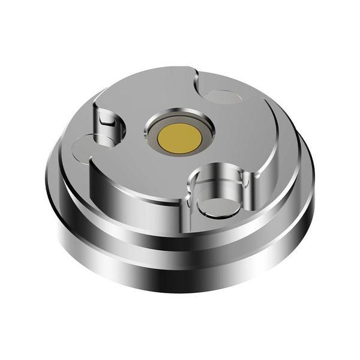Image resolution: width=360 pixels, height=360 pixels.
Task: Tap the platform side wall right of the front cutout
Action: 270,180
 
